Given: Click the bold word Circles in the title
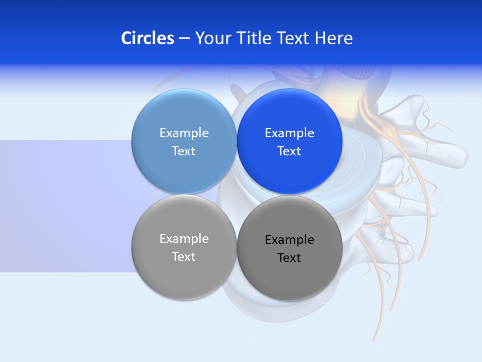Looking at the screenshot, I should (x=148, y=38).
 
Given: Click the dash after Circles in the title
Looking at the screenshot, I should (x=184, y=38).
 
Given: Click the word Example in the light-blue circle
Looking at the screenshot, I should (x=184, y=133).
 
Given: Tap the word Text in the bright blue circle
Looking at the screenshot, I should (x=289, y=151).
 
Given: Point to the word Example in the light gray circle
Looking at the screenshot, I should (x=184, y=238).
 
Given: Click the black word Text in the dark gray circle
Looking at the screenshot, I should (x=289, y=257).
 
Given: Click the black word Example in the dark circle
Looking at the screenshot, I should (x=289, y=239).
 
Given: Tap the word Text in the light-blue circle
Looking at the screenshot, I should (x=184, y=151).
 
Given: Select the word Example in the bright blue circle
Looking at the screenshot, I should (x=289, y=133).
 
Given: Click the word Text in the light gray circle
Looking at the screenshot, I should (x=184, y=256).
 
